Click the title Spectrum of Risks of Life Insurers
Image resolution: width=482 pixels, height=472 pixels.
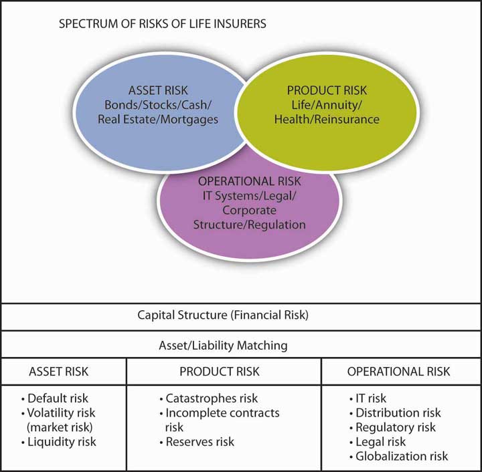coord(163,24)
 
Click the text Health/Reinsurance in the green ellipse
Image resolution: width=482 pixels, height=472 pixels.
coord(327,120)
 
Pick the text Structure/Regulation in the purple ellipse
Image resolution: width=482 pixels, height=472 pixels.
coord(249,225)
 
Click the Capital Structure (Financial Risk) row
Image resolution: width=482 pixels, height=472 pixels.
coord(241,315)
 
